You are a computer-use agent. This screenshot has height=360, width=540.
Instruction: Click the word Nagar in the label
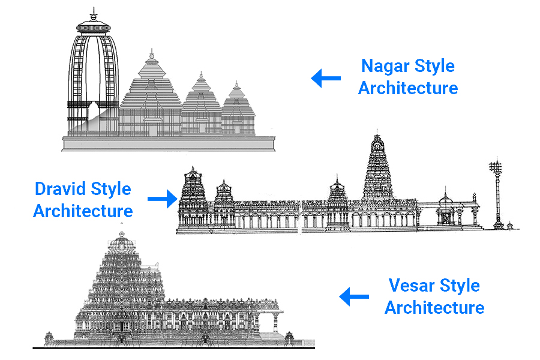click(x=385, y=66)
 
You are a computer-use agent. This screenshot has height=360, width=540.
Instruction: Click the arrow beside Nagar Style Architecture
click(x=326, y=78)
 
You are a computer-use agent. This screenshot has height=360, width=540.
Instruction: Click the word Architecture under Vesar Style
click(x=434, y=308)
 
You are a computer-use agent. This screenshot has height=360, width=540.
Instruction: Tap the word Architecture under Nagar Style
click(x=408, y=88)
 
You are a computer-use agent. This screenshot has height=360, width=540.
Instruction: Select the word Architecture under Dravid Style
click(x=83, y=211)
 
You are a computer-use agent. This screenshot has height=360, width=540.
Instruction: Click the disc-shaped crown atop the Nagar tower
click(x=94, y=26)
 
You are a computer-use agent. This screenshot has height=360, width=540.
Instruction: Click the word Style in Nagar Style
click(x=434, y=66)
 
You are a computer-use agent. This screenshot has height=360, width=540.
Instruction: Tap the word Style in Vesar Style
click(x=460, y=285)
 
